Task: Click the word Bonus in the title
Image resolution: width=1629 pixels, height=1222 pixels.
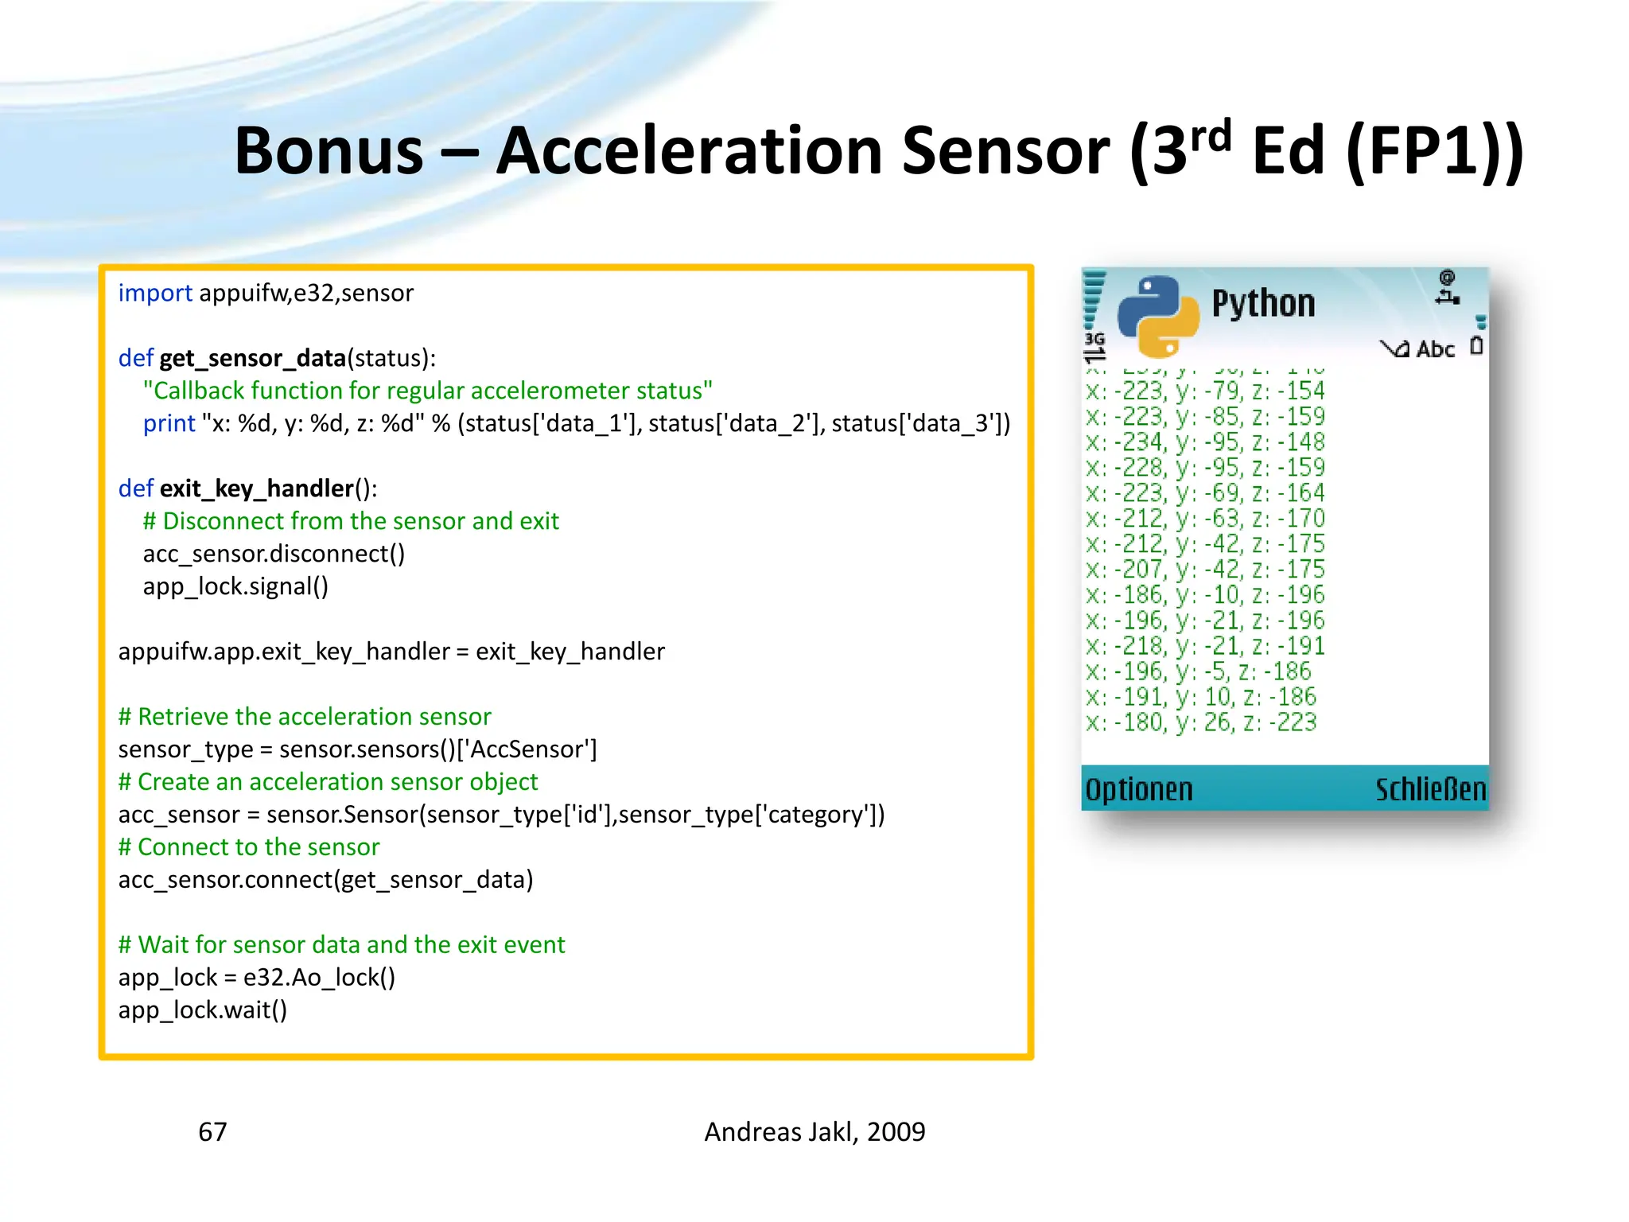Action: [329, 151]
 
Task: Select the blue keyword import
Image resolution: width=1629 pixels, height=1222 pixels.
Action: [155, 293]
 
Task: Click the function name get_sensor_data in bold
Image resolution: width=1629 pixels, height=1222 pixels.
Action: [252, 358]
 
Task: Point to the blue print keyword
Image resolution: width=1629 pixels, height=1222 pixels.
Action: [169, 423]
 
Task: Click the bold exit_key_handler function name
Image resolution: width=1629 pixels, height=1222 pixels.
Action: [256, 488]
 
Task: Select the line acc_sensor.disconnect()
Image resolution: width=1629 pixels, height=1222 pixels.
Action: [274, 554]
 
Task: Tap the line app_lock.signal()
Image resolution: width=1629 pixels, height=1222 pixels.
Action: [235, 586]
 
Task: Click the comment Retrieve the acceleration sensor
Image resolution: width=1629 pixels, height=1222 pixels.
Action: [305, 717]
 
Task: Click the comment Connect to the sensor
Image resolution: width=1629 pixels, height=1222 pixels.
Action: [249, 847]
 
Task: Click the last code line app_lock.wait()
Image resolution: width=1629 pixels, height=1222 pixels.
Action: [203, 1010]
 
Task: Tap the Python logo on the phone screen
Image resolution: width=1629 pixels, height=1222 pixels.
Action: [1158, 316]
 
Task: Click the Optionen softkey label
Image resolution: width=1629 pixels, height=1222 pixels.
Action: [1139, 789]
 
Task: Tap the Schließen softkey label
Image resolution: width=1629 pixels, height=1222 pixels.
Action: [1430, 789]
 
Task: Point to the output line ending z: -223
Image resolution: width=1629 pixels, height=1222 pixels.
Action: [1201, 722]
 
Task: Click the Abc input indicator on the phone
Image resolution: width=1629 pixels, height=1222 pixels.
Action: [1435, 349]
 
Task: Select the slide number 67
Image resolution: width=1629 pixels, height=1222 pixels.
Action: [212, 1132]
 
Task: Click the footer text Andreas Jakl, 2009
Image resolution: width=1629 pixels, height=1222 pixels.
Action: [814, 1132]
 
